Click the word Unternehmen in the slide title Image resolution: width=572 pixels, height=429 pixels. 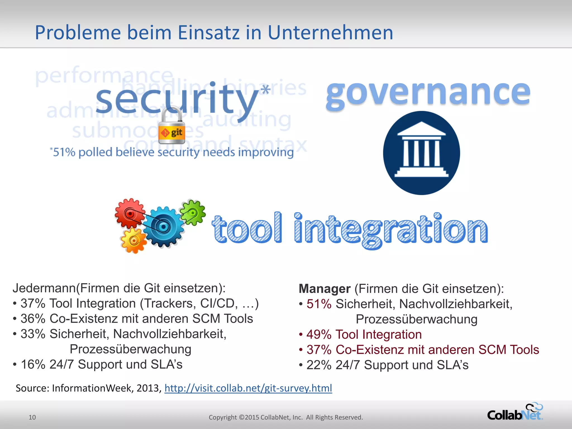point(330,33)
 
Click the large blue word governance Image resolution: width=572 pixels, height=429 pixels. point(428,93)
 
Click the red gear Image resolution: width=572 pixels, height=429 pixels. point(130,214)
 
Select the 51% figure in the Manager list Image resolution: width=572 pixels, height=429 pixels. point(319,304)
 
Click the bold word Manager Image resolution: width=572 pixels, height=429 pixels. point(325,289)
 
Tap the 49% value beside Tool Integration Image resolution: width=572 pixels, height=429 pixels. point(319,335)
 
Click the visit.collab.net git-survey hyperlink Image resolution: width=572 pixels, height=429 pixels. point(248,388)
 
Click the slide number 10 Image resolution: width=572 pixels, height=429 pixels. point(32,417)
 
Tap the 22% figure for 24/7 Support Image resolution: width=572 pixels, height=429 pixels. point(319,365)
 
